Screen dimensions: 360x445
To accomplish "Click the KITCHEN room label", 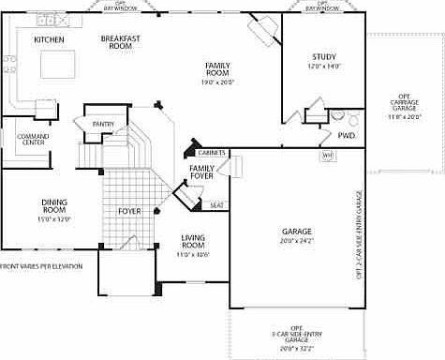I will click(49, 40).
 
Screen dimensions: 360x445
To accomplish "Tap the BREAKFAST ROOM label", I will click(120, 42).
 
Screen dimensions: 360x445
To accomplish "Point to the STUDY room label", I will click(324, 57).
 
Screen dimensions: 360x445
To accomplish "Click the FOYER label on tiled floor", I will click(129, 211).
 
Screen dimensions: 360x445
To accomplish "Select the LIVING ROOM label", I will click(192, 243).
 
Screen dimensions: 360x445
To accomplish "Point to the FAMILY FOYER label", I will click(201, 172).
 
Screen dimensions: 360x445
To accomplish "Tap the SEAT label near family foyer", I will click(216, 205).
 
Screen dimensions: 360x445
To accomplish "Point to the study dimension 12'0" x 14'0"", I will click(324, 67).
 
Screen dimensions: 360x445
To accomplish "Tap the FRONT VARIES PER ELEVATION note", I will click(41, 266).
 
